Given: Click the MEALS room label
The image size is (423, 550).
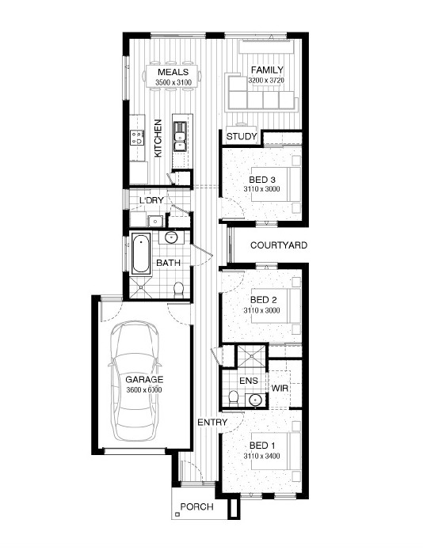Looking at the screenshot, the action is pyautogui.click(x=173, y=72).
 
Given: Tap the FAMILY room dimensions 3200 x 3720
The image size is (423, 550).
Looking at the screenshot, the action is pyautogui.click(x=266, y=81).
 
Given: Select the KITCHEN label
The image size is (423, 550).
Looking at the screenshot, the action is pyautogui.click(x=158, y=138).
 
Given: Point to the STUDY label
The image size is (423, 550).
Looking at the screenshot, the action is pyautogui.click(x=242, y=136).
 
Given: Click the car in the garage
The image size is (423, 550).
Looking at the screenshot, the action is pyautogui.click(x=134, y=381).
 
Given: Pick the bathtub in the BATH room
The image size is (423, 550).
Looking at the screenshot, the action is pyautogui.click(x=141, y=254).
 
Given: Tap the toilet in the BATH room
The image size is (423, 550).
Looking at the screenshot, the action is pyautogui.click(x=179, y=290).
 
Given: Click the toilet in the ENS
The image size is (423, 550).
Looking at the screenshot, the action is pyautogui.click(x=233, y=398).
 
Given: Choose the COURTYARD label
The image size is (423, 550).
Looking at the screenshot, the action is pyautogui.click(x=279, y=245).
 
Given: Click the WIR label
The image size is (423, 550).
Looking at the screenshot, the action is pyautogui.click(x=280, y=389).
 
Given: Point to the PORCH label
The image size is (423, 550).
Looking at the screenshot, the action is pyautogui.click(x=197, y=506).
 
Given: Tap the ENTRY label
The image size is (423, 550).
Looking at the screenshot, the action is pyautogui.click(x=212, y=423).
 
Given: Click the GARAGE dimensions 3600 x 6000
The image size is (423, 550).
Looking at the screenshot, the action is pyautogui.click(x=144, y=389).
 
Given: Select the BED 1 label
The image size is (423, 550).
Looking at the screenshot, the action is pyautogui.click(x=262, y=446).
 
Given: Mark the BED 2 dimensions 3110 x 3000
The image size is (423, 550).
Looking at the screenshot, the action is pyautogui.click(x=262, y=310).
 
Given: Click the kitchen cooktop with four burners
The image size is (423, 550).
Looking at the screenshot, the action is pyautogui.click(x=137, y=137).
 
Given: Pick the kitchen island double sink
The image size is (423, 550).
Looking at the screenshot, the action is pyautogui.click(x=180, y=136).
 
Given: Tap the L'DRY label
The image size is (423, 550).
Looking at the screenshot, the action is pyautogui.click(x=151, y=200).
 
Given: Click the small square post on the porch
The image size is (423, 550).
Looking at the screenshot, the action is pyautogui.click(x=177, y=514).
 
